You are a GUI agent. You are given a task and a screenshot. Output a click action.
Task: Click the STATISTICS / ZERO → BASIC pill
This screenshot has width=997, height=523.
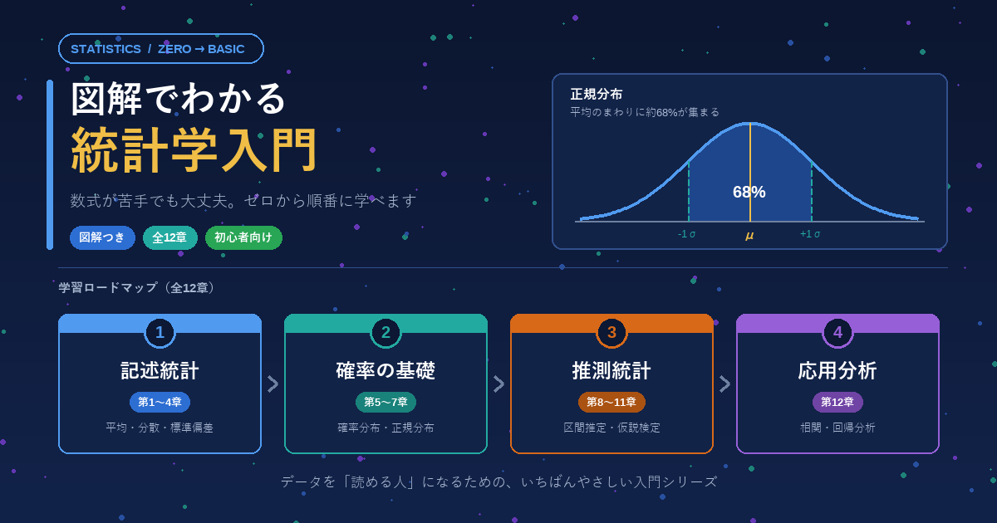point(160,48)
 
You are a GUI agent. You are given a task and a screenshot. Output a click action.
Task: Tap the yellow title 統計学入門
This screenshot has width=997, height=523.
point(194,150)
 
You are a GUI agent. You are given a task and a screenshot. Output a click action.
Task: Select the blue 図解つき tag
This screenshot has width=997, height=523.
point(102,237)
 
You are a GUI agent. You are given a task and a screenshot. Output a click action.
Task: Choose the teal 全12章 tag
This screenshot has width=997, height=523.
point(170,237)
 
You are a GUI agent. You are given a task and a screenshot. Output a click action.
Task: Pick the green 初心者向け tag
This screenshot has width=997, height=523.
point(243,237)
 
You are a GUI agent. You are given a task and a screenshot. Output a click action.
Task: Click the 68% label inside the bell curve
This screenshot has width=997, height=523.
point(749,192)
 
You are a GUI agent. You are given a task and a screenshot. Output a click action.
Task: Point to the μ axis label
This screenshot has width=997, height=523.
point(749,235)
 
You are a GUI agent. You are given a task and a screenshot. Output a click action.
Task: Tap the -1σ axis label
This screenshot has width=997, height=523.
point(686,234)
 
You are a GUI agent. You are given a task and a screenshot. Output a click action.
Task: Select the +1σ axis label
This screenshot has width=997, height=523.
point(810,234)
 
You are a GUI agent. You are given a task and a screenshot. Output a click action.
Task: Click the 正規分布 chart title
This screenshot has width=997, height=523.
point(597,95)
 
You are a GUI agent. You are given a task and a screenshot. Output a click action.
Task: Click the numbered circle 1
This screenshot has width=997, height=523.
point(160,332)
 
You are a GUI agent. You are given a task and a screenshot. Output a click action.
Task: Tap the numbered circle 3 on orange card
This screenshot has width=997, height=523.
point(611,332)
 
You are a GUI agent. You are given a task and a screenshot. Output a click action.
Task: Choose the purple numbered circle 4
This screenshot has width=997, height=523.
point(837,332)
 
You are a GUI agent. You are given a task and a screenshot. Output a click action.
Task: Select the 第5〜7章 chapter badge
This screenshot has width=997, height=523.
point(386,402)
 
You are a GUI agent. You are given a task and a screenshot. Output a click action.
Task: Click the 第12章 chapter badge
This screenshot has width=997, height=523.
point(837,402)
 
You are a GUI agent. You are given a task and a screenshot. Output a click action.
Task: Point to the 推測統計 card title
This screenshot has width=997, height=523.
point(611,370)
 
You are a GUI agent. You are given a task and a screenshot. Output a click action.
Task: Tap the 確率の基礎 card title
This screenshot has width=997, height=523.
point(386,370)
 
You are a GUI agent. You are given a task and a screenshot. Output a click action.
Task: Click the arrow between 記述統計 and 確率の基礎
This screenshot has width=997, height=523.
point(273,384)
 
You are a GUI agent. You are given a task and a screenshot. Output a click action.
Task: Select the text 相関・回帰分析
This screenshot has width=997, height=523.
point(837,428)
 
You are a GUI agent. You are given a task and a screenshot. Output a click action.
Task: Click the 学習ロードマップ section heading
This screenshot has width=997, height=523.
point(108,288)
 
